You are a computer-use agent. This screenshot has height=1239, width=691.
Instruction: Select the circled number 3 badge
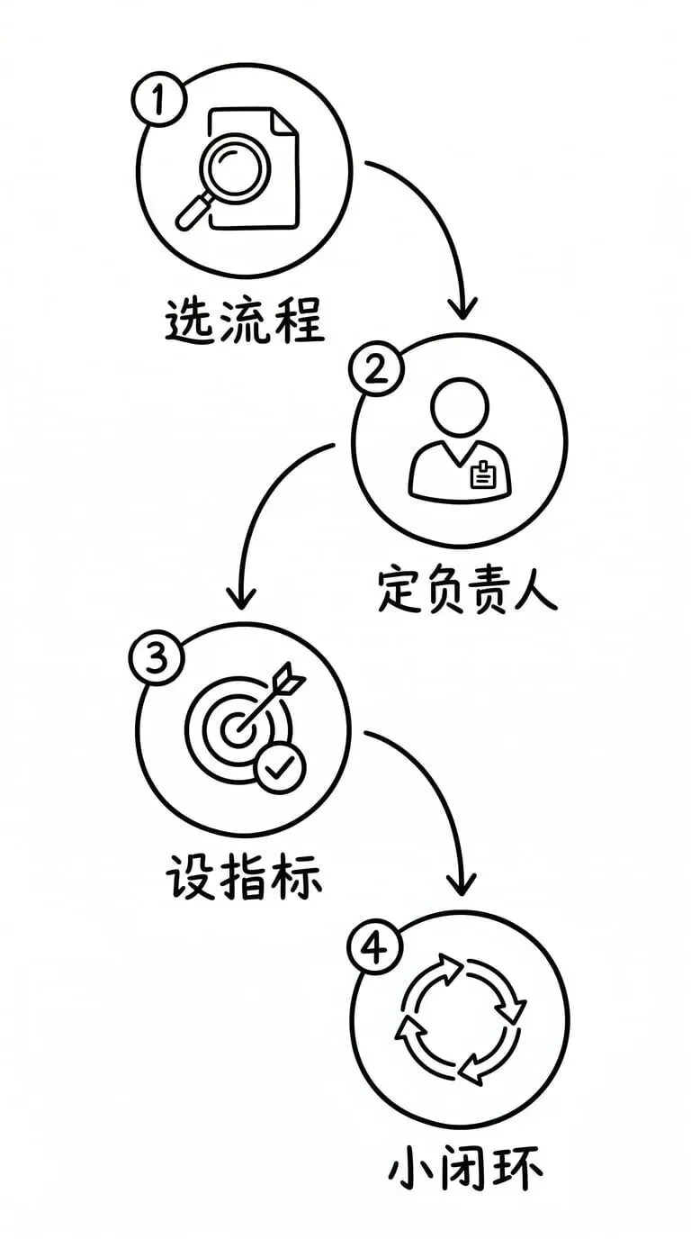(157, 660)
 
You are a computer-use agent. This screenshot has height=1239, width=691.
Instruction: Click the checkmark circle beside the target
(280, 767)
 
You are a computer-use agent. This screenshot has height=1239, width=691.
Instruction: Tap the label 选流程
(244, 321)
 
